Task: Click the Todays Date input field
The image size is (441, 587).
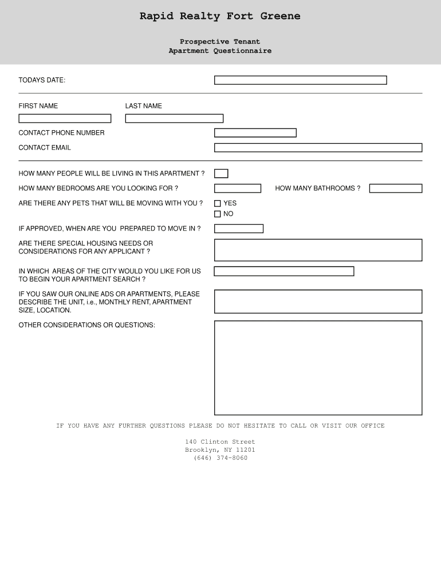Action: pyautogui.click(x=300, y=80)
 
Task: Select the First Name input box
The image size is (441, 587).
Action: pyautogui.click(x=65, y=119)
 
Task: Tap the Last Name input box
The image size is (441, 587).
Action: pyautogui.click(x=174, y=119)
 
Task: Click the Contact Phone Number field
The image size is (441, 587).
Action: pyautogui.click(x=255, y=133)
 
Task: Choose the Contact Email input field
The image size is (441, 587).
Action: pyautogui.click(x=318, y=148)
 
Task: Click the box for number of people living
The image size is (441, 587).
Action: pyautogui.click(x=221, y=174)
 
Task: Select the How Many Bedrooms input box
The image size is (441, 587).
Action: pyautogui.click(x=237, y=189)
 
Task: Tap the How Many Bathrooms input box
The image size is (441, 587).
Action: pyautogui.click(x=395, y=189)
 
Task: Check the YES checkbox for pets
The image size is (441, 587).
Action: pyautogui.click(x=218, y=204)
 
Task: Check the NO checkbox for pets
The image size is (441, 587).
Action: pyautogui.click(x=218, y=214)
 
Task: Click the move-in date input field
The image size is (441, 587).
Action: pyautogui.click(x=238, y=229)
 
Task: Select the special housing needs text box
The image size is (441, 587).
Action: pyautogui.click(x=318, y=250)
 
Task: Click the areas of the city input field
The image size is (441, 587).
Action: pyautogui.click(x=283, y=271)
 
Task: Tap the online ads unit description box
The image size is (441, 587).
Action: pyautogui.click(x=318, y=302)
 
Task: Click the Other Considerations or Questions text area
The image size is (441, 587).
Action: pyautogui.click(x=318, y=367)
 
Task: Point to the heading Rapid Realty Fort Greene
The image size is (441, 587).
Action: pyautogui.click(x=220, y=16)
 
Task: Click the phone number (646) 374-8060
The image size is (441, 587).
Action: pyautogui.click(x=220, y=458)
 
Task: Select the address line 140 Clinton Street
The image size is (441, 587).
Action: pyautogui.click(x=220, y=442)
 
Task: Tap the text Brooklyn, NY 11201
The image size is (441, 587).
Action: pyautogui.click(x=220, y=450)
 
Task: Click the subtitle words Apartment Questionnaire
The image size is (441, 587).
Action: pyautogui.click(x=220, y=51)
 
